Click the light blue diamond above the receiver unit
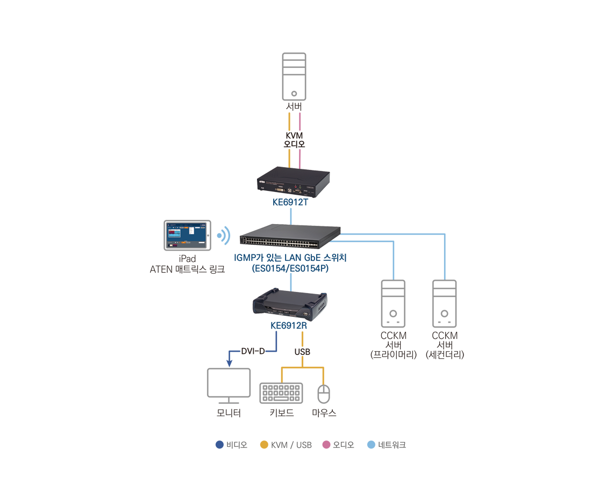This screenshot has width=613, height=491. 290,281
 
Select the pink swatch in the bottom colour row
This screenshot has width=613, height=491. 324,438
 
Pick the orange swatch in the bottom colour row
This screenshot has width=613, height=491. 261,438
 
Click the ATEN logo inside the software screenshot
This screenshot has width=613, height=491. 203,224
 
